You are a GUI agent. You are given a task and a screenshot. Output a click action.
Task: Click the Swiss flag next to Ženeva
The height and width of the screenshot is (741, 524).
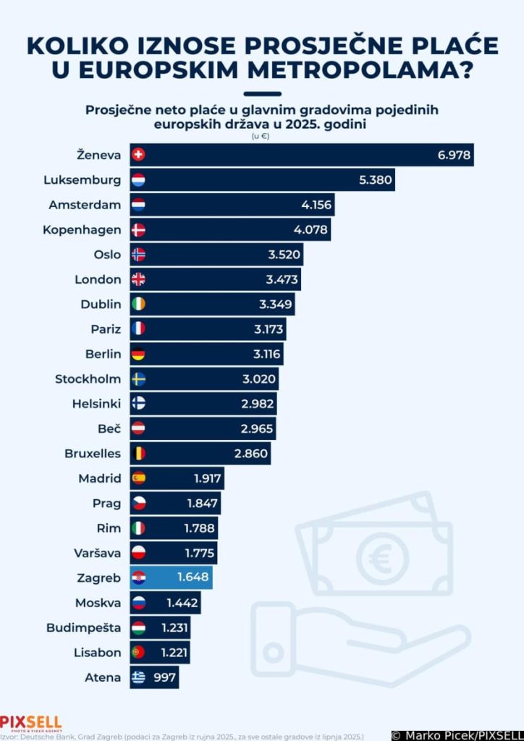click(x=138, y=154)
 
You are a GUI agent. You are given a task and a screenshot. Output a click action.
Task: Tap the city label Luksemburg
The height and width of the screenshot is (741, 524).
click(x=82, y=179)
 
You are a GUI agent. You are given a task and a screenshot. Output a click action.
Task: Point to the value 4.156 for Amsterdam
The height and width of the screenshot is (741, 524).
click(x=316, y=205)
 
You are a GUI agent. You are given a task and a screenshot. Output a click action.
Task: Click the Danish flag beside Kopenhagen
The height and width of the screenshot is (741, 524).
click(x=138, y=230)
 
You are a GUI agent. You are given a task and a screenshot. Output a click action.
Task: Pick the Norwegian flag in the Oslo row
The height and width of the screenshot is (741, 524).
click(x=138, y=255)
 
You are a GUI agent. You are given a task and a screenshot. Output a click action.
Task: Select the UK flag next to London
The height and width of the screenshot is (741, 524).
click(x=138, y=279)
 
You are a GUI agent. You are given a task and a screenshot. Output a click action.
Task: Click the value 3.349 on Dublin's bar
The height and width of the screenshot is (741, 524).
click(x=276, y=304)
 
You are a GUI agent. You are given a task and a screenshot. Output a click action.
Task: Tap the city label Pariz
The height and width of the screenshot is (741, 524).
click(x=106, y=329)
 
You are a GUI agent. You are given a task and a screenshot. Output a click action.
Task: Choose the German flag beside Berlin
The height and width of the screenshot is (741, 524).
click(x=138, y=354)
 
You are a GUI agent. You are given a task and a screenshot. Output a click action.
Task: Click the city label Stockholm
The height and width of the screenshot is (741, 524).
click(x=88, y=379)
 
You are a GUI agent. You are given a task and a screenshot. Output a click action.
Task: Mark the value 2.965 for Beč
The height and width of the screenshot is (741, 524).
click(x=257, y=429)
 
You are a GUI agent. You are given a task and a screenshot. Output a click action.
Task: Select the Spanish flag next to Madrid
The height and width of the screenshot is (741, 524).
click(x=138, y=478)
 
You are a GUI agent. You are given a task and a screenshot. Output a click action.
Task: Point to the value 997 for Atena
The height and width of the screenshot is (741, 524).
click(x=165, y=677)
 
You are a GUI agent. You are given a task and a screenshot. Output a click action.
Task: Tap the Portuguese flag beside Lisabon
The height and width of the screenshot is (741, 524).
click(x=138, y=652)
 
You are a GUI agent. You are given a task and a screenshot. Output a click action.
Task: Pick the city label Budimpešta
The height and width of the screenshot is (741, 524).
click(x=83, y=627)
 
